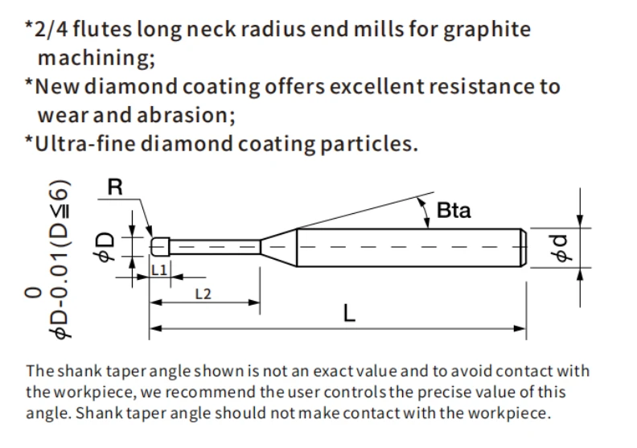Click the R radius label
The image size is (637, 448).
pyautogui.click(x=115, y=187)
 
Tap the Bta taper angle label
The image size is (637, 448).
pyautogui.click(x=454, y=211)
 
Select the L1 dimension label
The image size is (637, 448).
pyautogui.click(x=158, y=270)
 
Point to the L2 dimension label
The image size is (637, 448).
pyautogui.click(x=203, y=294)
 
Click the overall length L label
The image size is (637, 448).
pyautogui.click(x=349, y=314)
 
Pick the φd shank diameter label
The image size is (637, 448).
pyautogui.click(x=561, y=248)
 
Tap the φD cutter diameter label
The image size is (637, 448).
pyautogui.click(x=104, y=247)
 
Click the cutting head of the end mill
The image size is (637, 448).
pyautogui.click(x=160, y=247)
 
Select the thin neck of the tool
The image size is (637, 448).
pyautogui.click(x=215, y=247)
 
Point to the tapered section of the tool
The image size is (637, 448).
pyautogui.click(x=278, y=247)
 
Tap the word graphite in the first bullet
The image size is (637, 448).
pyautogui.click(x=487, y=30)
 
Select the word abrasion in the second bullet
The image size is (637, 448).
pyautogui.click(x=186, y=115)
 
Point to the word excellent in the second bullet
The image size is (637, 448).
pyautogui.click(x=376, y=87)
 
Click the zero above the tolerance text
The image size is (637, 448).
pyautogui.click(x=33, y=294)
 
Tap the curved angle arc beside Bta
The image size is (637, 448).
pyautogui.click(x=425, y=213)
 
